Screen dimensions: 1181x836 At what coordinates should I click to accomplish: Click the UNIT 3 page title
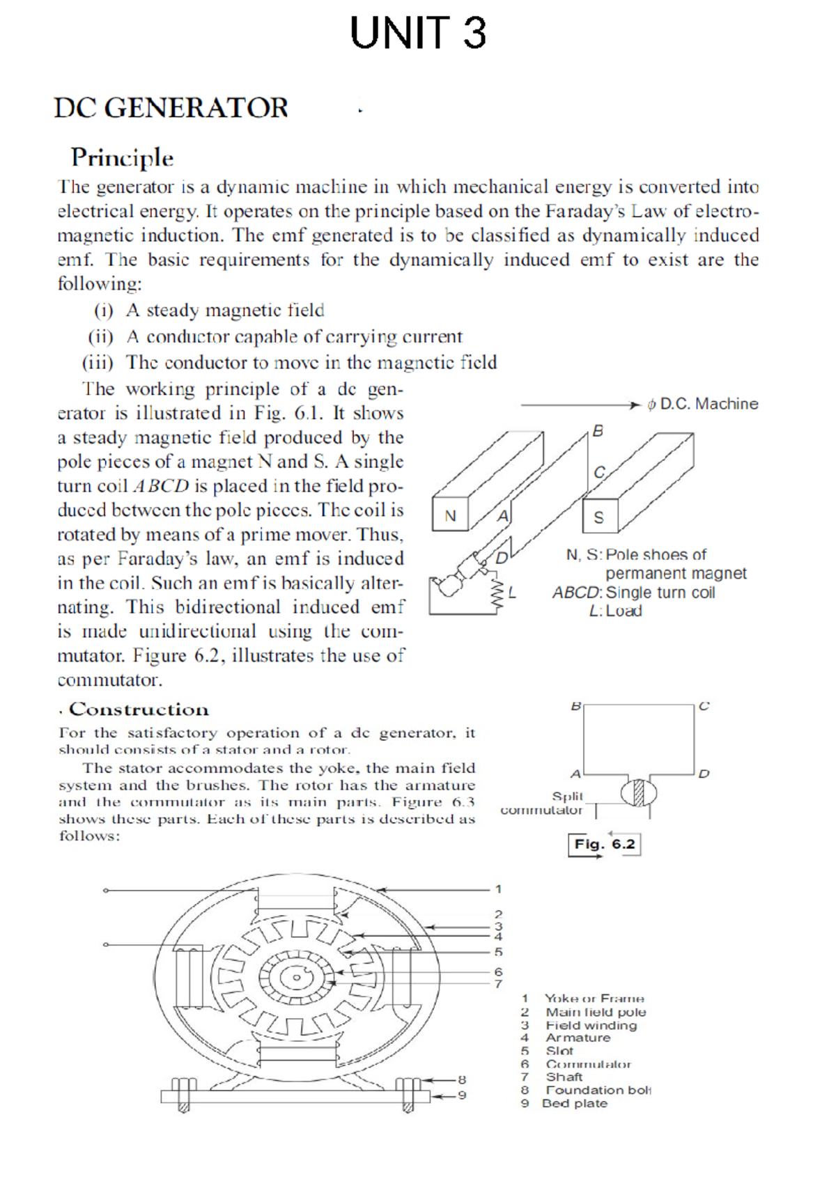pyautogui.click(x=417, y=33)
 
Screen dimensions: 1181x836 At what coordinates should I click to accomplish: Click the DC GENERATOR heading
pyautogui.click(x=171, y=108)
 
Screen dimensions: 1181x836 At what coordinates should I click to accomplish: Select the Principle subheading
pyautogui.click(x=122, y=157)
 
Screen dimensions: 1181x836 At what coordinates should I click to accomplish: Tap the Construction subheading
pyautogui.click(x=139, y=710)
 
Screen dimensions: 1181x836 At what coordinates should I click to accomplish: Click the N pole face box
pyautogui.click(x=450, y=516)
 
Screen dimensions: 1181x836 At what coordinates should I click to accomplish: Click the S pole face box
pyautogui.click(x=599, y=517)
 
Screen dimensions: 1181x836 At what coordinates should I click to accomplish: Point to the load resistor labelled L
pyautogui.click(x=498, y=593)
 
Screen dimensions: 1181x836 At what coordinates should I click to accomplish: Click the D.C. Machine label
pyautogui.click(x=702, y=404)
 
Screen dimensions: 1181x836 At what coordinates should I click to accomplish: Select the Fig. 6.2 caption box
pyautogui.click(x=604, y=844)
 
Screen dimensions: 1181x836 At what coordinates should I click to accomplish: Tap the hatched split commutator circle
pyautogui.click(x=639, y=793)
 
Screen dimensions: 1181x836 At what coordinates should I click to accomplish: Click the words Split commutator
pyautogui.click(x=543, y=803)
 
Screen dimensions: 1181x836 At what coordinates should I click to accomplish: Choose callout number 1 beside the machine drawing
pyautogui.click(x=498, y=889)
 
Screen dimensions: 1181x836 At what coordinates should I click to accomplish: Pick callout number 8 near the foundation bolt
pyautogui.click(x=461, y=1079)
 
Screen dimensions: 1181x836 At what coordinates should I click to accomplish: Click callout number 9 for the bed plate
pyautogui.click(x=461, y=1095)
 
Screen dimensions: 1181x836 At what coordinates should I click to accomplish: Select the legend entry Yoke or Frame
pyautogui.click(x=594, y=999)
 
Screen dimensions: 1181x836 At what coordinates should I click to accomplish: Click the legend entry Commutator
pyautogui.click(x=588, y=1064)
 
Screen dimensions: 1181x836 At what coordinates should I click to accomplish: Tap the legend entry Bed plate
pyautogui.click(x=575, y=1104)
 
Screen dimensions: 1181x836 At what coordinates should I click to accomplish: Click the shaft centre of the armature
pyautogui.click(x=296, y=978)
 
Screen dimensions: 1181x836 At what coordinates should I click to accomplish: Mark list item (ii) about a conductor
pyautogui.click(x=274, y=337)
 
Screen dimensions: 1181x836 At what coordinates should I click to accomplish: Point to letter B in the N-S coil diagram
pyautogui.click(x=598, y=431)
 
